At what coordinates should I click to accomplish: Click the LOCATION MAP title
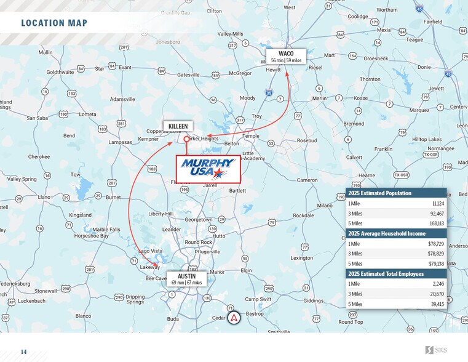coord(54,23)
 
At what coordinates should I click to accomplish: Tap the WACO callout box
coord(286,57)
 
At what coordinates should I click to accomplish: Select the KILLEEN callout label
coord(178,126)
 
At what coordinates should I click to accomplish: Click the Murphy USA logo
coord(208,169)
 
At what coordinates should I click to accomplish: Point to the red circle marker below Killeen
coord(186,139)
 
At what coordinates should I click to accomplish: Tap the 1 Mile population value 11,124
coord(438,203)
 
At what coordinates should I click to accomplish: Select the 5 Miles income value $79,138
coord(435,264)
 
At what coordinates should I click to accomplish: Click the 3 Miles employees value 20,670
coord(436,294)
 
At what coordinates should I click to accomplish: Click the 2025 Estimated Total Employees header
coord(386,274)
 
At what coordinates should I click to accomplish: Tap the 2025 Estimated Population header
coord(380,193)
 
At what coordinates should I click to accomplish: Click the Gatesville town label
coord(189,74)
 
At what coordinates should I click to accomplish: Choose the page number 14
coord(23,352)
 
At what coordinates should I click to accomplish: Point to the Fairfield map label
coord(432,22)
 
